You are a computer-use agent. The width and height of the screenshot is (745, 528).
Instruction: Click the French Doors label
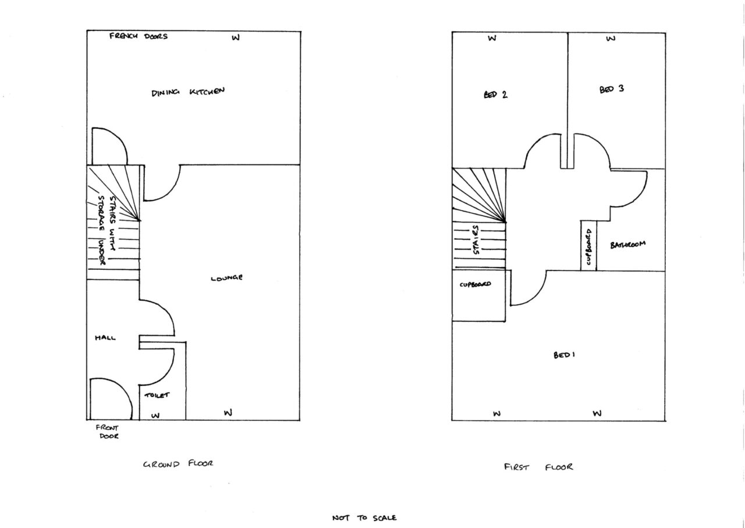(139, 36)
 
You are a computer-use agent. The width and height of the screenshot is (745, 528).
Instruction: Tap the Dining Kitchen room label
(188, 92)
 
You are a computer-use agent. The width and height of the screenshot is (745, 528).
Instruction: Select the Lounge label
(226, 277)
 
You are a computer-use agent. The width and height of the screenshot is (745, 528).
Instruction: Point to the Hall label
(105, 337)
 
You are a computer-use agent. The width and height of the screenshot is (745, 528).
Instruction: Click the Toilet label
(157, 395)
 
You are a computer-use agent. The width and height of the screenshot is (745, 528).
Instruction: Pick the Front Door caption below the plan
(108, 432)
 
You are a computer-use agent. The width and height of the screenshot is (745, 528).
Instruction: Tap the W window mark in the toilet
(155, 416)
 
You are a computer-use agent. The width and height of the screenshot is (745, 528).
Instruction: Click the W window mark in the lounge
(228, 413)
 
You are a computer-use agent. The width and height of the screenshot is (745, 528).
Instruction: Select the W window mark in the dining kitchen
(236, 38)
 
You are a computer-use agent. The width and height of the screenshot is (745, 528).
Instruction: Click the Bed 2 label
(495, 95)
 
